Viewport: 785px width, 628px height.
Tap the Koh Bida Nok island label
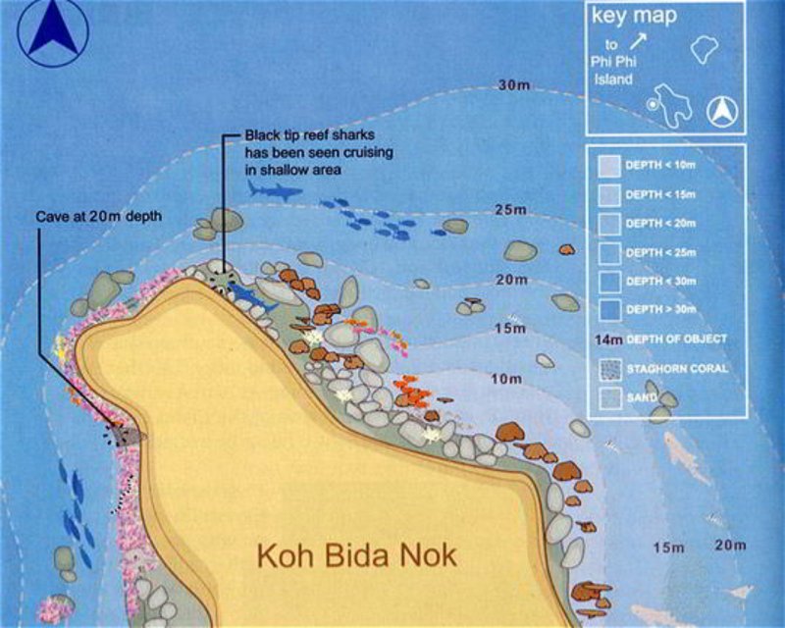click(x=357, y=555)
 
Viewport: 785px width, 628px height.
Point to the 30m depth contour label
click(x=513, y=86)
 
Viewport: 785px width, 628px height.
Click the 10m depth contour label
click(x=506, y=379)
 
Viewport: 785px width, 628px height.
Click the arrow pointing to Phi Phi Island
click(x=638, y=40)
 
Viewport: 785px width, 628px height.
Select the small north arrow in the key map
click(x=722, y=112)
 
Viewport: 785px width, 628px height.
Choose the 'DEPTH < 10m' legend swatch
click(x=608, y=167)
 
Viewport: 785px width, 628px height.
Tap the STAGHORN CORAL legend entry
click(x=608, y=369)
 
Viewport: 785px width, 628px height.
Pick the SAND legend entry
click(x=608, y=397)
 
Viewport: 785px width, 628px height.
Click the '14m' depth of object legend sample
click(x=609, y=340)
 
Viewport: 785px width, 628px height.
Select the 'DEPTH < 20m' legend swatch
click(x=608, y=224)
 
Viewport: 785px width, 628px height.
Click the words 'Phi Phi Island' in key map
click(x=612, y=70)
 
